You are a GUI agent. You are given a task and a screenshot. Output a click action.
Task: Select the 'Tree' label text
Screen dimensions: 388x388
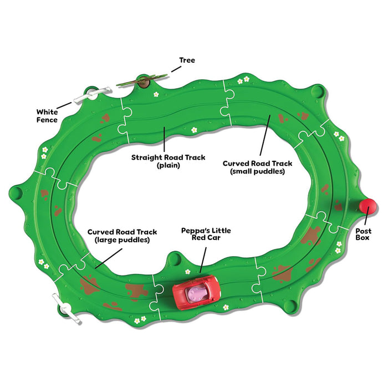point(187,60)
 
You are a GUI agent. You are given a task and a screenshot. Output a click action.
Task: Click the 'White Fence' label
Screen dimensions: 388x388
point(48,115)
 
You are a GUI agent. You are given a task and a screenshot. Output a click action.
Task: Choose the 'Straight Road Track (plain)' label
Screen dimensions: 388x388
point(168,161)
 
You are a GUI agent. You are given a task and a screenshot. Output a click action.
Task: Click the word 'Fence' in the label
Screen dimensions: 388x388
point(48,120)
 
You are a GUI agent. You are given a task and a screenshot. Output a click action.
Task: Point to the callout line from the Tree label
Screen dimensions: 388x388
point(176,69)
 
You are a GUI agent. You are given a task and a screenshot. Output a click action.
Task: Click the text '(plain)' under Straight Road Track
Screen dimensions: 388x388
point(168,166)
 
